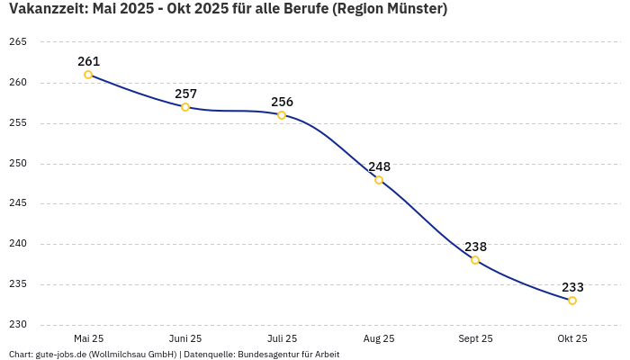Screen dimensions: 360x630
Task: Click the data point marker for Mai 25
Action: [x=88, y=75]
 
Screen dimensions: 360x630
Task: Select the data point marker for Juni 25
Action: [x=185, y=107]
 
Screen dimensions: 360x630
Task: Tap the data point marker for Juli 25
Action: [x=282, y=115]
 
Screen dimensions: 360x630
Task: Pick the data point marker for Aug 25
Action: [x=379, y=180]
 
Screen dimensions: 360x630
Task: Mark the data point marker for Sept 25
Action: [x=475, y=260]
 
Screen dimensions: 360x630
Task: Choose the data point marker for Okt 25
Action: [x=572, y=301]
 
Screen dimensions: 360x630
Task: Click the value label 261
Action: [x=88, y=61]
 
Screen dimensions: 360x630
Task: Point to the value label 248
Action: [x=379, y=166]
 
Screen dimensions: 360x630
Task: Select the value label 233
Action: [x=572, y=287]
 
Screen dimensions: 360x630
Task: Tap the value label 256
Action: [x=282, y=102]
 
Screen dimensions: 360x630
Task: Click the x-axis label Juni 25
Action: [x=185, y=338]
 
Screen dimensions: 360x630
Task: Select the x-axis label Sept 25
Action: [x=475, y=338]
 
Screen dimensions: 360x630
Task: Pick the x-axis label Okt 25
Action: [x=572, y=338]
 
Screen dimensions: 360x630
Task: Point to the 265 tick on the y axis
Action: [x=18, y=42]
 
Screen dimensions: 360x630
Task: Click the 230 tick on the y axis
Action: [x=18, y=325]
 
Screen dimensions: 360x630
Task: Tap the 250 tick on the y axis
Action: [x=18, y=164]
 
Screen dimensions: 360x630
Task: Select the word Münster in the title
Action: [x=414, y=9]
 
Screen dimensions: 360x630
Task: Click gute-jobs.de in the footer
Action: [x=60, y=355]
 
